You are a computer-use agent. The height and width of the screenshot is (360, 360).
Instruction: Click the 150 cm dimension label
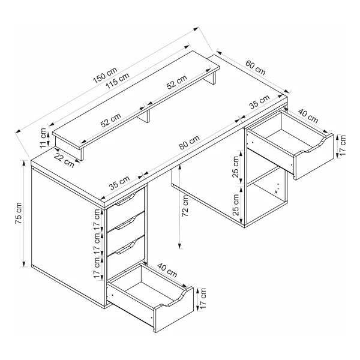(105, 75)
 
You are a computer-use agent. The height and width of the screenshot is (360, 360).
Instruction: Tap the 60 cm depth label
(256, 67)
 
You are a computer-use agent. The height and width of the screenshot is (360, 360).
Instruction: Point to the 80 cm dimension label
(190, 142)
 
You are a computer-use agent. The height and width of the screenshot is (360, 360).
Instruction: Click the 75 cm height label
(19, 213)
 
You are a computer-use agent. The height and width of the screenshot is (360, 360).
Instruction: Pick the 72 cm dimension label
(185, 205)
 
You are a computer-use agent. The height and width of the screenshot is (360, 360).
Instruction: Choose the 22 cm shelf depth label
(64, 160)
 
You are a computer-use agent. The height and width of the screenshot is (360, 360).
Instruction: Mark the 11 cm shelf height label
(43, 137)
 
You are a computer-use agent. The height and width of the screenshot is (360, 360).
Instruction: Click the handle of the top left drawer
(126, 199)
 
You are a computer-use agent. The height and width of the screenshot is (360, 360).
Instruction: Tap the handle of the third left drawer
(126, 248)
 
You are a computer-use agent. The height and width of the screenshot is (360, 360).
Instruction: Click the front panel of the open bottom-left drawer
(174, 310)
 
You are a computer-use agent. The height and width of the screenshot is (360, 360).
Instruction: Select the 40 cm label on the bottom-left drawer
(167, 270)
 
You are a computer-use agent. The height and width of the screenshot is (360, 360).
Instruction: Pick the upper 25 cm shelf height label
(236, 167)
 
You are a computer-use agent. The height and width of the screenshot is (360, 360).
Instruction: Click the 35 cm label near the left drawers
(119, 182)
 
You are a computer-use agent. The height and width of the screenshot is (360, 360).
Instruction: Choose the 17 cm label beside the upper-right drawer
(342, 146)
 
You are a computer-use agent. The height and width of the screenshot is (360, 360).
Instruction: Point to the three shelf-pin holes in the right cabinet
(277, 188)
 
